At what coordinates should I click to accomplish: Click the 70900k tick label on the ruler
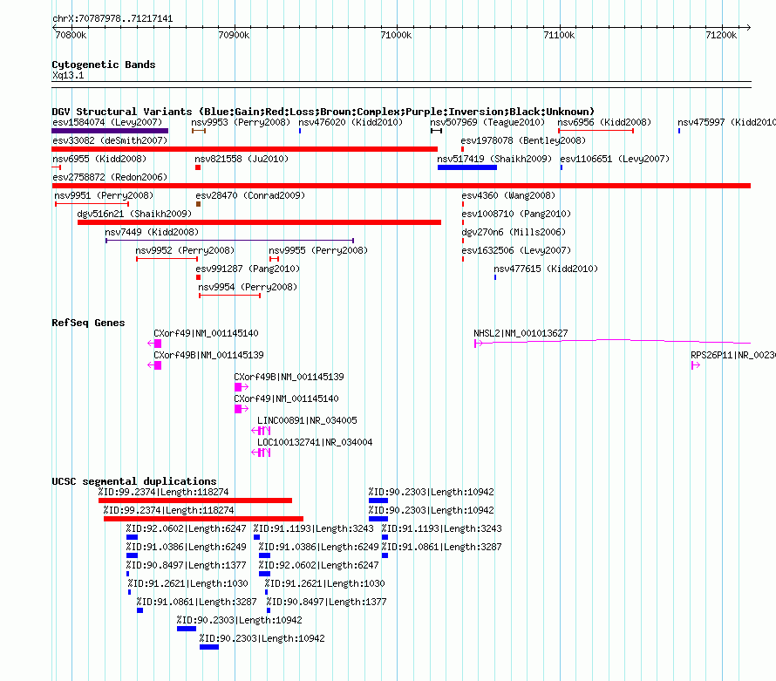click(234, 35)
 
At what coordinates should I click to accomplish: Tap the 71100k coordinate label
click(559, 35)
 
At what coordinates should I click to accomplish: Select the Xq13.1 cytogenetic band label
click(68, 75)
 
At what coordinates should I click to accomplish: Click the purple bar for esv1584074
click(110, 131)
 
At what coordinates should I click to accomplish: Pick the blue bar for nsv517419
click(467, 167)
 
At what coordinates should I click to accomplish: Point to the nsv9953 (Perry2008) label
click(241, 122)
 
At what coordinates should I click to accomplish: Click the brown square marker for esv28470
click(199, 204)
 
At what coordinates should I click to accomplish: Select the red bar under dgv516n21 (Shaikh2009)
click(259, 222)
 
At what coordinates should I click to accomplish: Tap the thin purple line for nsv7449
click(229, 241)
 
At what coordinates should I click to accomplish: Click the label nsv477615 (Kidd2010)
click(546, 269)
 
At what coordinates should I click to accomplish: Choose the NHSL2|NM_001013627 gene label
click(521, 333)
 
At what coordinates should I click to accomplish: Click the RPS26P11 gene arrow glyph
click(696, 365)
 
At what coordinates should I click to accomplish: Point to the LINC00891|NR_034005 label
click(307, 420)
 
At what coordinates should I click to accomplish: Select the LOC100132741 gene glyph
click(261, 453)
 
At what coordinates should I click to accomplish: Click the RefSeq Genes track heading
click(88, 323)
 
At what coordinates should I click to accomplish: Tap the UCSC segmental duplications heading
click(134, 481)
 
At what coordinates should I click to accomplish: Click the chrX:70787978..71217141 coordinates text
click(112, 18)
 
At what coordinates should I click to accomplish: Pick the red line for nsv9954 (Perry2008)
click(229, 296)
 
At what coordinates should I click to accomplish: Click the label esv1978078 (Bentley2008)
click(523, 140)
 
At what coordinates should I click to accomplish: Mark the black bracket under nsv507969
click(436, 131)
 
